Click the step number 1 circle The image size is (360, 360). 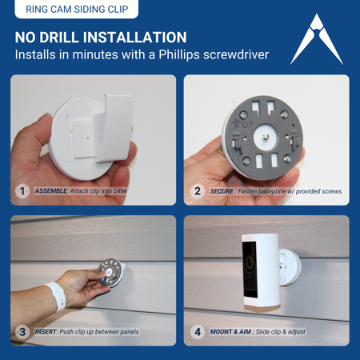coord(23,191)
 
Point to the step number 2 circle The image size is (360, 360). coord(198,191)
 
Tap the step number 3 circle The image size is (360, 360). coord(23,331)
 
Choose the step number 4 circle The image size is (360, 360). coord(198,331)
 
